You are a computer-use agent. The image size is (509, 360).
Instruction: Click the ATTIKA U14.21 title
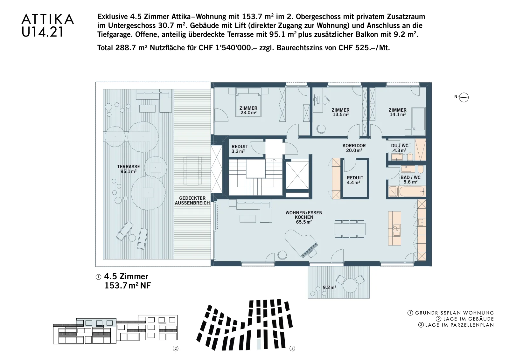click(48, 25)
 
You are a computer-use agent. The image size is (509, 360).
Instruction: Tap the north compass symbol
click(464, 97)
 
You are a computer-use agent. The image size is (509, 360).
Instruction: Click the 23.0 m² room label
click(248, 110)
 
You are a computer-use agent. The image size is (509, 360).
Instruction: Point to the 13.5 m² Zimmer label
click(341, 112)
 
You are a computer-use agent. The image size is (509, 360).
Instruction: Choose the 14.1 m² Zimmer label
click(398, 112)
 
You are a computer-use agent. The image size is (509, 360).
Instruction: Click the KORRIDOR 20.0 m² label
click(354, 148)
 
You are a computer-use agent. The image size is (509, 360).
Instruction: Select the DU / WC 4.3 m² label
click(400, 148)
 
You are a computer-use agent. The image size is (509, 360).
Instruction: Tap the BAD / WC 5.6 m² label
click(410, 180)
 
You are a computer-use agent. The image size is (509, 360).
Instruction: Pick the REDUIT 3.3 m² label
click(240, 149)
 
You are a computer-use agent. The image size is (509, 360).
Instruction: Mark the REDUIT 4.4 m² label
click(355, 180)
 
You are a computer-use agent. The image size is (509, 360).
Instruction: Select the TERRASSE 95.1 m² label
click(129, 169)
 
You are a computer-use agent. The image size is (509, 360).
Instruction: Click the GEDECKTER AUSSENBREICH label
click(192, 201)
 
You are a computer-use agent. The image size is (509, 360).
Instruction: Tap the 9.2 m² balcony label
click(330, 287)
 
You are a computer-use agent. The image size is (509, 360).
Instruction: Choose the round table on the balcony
click(350, 285)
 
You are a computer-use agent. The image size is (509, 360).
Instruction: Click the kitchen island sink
click(396, 230)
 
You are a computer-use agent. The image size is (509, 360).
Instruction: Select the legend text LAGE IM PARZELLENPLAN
click(459, 325)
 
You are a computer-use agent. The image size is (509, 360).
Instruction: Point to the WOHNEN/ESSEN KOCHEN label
click(304, 217)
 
